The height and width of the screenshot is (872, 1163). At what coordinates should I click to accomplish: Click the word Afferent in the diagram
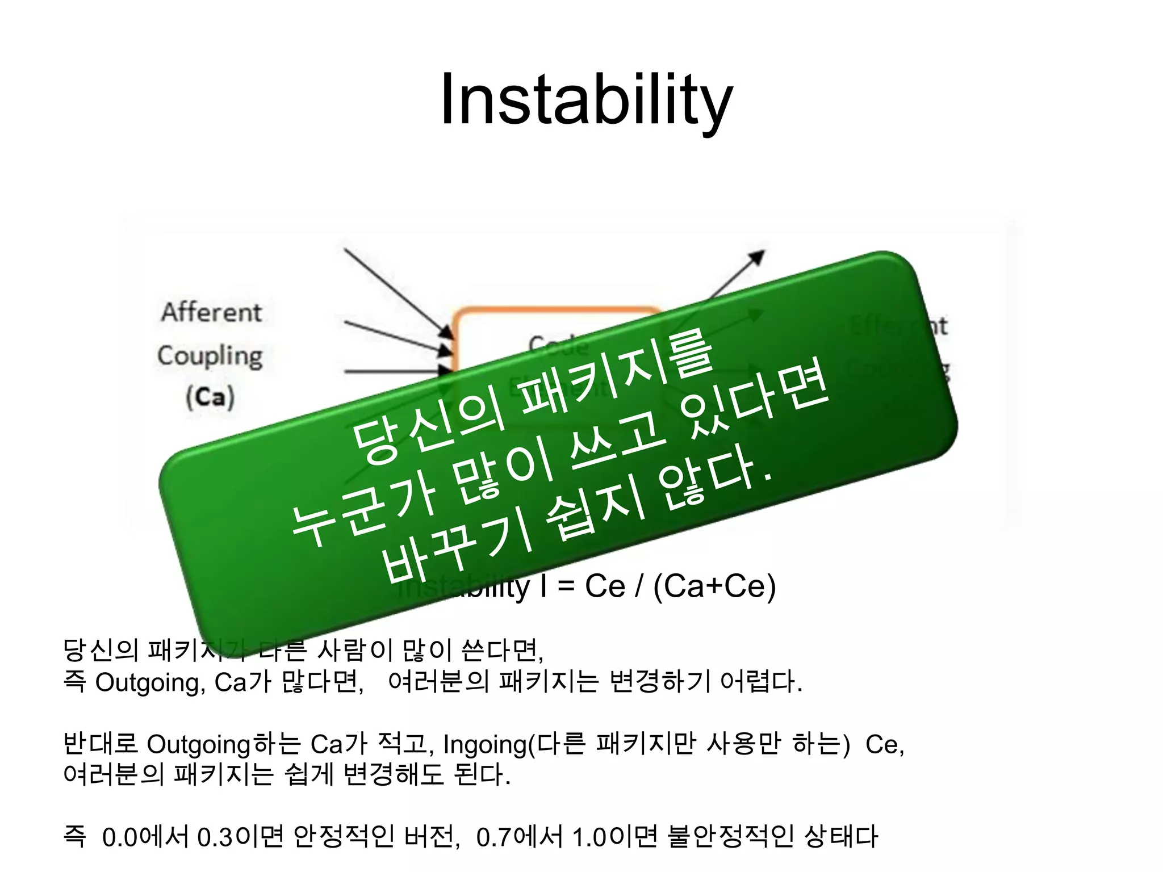coord(211,312)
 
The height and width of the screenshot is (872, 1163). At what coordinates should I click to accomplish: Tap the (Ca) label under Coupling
coord(210,397)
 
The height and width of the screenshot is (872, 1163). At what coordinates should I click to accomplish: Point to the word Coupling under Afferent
coord(210,356)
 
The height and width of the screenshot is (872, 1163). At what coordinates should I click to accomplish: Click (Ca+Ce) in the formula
coord(714,586)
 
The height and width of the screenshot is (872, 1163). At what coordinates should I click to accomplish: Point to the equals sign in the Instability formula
coord(566,586)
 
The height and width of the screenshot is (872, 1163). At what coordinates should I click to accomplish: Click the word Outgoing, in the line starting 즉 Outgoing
coord(150,682)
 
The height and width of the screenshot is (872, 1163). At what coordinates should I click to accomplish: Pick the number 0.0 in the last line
coord(119,837)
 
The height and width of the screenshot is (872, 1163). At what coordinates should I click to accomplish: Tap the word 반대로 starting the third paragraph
coord(100,744)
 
